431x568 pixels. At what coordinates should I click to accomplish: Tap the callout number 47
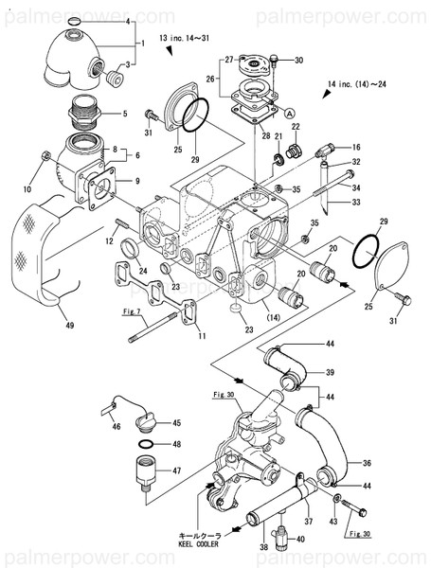[x=176, y=470]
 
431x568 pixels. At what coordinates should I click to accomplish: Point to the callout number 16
[x=356, y=148]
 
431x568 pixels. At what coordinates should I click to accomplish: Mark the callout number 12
[x=110, y=242]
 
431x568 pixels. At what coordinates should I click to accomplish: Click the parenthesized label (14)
[x=274, y=316]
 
